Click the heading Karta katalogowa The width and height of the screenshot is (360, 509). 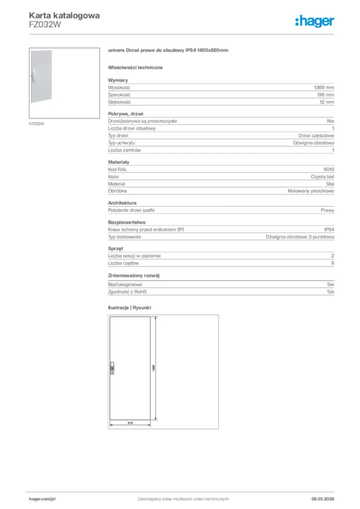64,15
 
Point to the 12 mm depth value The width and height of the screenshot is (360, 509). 327,102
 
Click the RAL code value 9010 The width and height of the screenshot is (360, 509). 329,169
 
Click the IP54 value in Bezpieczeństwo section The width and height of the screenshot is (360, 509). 329,229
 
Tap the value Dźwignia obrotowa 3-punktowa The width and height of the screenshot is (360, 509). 300,237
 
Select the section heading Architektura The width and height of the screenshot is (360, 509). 122,203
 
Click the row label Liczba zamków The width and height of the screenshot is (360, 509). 125,150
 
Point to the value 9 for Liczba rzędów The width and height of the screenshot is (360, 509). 332,263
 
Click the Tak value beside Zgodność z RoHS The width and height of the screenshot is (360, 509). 330,292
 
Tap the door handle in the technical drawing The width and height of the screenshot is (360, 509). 112,367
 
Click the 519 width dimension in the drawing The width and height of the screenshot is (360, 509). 130,423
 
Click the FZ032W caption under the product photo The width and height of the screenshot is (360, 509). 36,123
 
